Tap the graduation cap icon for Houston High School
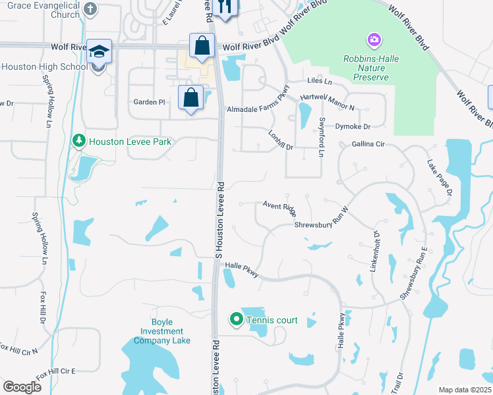99,52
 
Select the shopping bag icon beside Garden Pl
190,97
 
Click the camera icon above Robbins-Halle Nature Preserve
374,41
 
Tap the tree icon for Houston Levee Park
78,141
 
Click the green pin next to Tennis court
236,320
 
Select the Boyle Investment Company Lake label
161,332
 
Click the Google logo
22,387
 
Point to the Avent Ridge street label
279,208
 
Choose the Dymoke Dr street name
353,126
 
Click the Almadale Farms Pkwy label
259,100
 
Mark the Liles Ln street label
320,81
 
